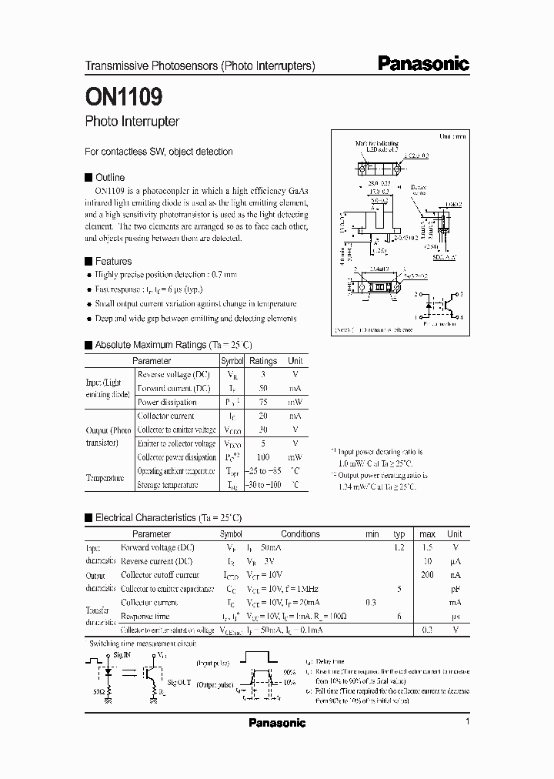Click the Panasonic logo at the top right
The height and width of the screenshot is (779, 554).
(x=423, y=65)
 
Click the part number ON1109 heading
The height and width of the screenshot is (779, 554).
(x=123, y=97)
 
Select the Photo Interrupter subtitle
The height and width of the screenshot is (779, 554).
(x=132, y=122)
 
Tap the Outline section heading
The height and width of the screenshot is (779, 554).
(x=109, y=177)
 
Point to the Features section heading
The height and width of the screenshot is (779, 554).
(x=113, y=261)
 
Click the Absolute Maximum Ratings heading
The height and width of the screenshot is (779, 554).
(x=173, y=345)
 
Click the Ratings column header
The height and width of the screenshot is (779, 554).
(x=263, y=360)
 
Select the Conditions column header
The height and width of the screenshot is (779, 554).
(x=300, y=533)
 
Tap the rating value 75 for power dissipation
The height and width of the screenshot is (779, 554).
(x=262, y=402)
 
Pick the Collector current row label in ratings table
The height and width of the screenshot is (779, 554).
(x=165, y=416)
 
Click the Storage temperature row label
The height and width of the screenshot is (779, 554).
(x=168, y=485)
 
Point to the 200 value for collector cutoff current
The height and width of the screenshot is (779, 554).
(x=427, y=575)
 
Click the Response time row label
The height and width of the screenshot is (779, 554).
(x=147, y=617)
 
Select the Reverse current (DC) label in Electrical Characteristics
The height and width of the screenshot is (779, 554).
(x=156, y=561)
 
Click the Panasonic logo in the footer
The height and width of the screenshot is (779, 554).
(x=277, y=723)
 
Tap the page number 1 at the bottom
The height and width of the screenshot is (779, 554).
(x=467, y=722)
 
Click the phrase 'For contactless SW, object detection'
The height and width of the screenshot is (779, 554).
(x=159, y=152)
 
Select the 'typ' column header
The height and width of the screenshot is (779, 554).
(x=399, y=533)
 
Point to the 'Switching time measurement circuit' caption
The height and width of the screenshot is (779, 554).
(x=143, y=643)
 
